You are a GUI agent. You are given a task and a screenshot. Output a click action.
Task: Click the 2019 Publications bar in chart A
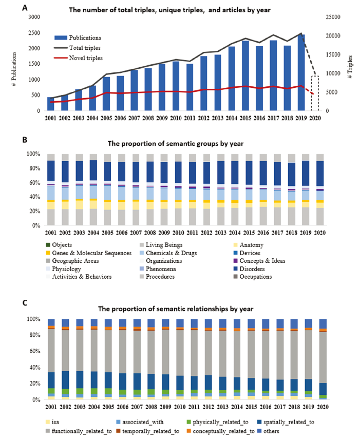click(x=301, y=72)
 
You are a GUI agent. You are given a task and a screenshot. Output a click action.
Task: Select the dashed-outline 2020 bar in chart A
click(x=315, y=93)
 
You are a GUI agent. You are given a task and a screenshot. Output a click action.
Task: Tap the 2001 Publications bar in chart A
click(x=51, y=104)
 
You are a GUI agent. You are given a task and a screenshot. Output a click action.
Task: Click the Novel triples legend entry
click(x=79, y=58)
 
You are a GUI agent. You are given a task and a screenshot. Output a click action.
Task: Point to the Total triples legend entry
click(x=77, y=48)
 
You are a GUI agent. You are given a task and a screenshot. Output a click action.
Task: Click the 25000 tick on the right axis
click(x=333, y=17)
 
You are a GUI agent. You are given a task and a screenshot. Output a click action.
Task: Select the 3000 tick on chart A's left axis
click(x=34, y=17)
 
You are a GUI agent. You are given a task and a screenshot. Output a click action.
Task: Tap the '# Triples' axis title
click(x=350, y=67)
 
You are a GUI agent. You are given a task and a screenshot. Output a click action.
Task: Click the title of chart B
click(x=176, y=144)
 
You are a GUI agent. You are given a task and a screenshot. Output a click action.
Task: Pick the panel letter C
click(x=25, y=303)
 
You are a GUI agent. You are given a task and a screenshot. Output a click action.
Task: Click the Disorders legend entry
click(x=249, y=269)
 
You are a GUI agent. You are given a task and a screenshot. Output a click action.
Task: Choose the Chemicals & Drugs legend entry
click(x=168, y=253)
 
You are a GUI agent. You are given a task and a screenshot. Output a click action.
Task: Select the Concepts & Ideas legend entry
click(x=259, y=261)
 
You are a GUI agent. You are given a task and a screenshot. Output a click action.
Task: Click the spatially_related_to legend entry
click(x=286, y=422)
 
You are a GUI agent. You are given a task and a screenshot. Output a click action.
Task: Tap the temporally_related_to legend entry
click(x=147, y=431)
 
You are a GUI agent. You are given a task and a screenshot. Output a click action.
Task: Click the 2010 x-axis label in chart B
click(x=178, y=233)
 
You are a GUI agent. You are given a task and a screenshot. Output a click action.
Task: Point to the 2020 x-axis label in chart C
click(x=323, y=407)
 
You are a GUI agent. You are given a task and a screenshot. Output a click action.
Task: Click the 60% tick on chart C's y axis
click(x=35, y=351)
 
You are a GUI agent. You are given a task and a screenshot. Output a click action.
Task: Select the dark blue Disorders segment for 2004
click(x=93, y=170)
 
